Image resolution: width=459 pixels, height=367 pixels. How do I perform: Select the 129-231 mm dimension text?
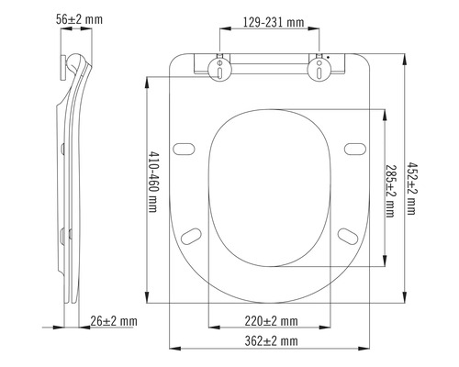pyautogui.click(x=270, y=21)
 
